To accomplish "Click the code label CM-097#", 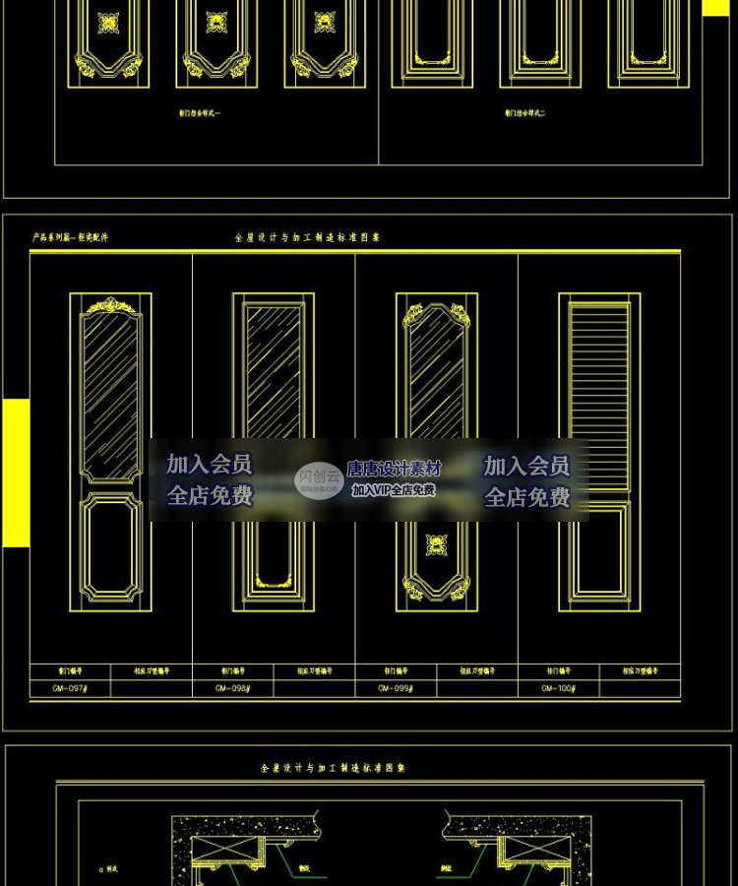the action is click(70, 689).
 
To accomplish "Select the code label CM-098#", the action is click(233, 689).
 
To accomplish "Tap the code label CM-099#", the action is click(396, 689).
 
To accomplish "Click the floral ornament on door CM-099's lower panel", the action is click(436, 545).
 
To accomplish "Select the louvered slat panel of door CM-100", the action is click(598, 369).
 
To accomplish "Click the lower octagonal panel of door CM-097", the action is click(110, 547).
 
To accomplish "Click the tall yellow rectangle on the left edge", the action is click(16, 473).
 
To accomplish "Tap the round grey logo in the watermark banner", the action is click(320, 480).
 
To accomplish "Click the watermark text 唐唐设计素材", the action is click(394, 470).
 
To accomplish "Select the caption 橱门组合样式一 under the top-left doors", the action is click(200, 114).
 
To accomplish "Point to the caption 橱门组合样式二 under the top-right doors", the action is click(524, 114).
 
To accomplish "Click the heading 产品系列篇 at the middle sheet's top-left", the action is click(70, 237).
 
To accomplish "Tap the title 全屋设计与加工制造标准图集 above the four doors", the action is click(307, 237).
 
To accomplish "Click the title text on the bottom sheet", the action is click(333, 767).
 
